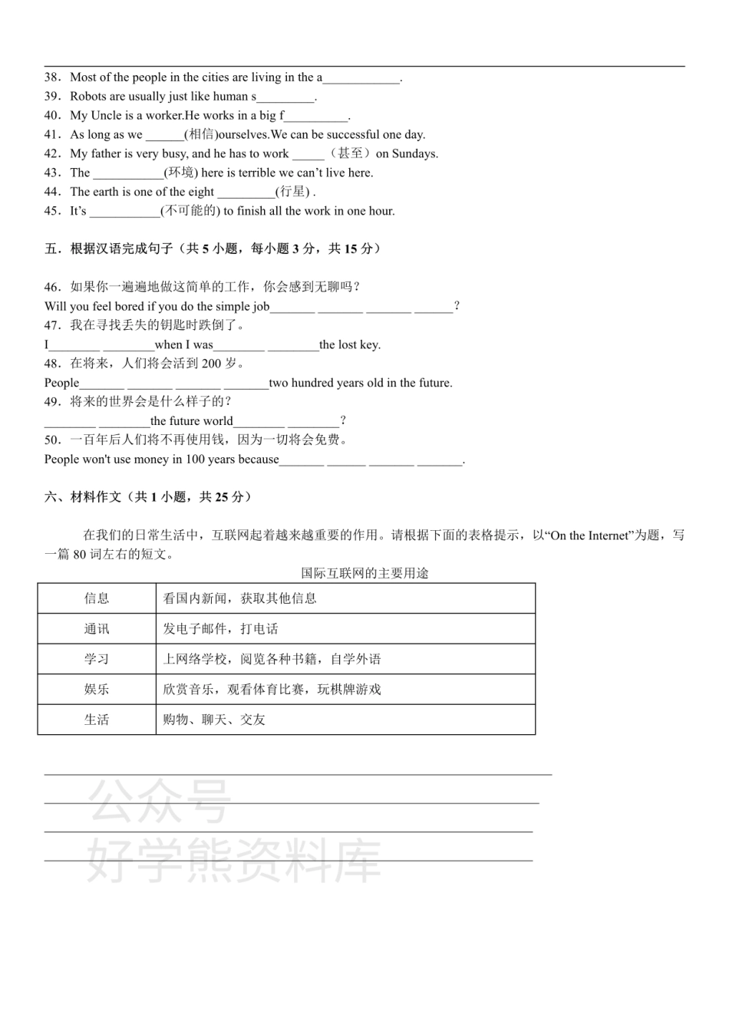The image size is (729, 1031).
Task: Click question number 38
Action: (x=51, y=77)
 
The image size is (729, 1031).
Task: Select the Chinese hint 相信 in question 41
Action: (x=201, y=135)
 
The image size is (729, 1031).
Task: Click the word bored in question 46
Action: (x=130, y=307)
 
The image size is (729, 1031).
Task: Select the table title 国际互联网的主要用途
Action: (x=364, y=573)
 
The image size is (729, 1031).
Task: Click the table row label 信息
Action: (x=97, y=598)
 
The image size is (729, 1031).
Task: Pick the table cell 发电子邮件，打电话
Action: (x=220, y=629)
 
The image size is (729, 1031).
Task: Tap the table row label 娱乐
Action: (x=97, y=690)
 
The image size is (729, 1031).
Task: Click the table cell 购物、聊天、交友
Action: (x=214, y=720)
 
